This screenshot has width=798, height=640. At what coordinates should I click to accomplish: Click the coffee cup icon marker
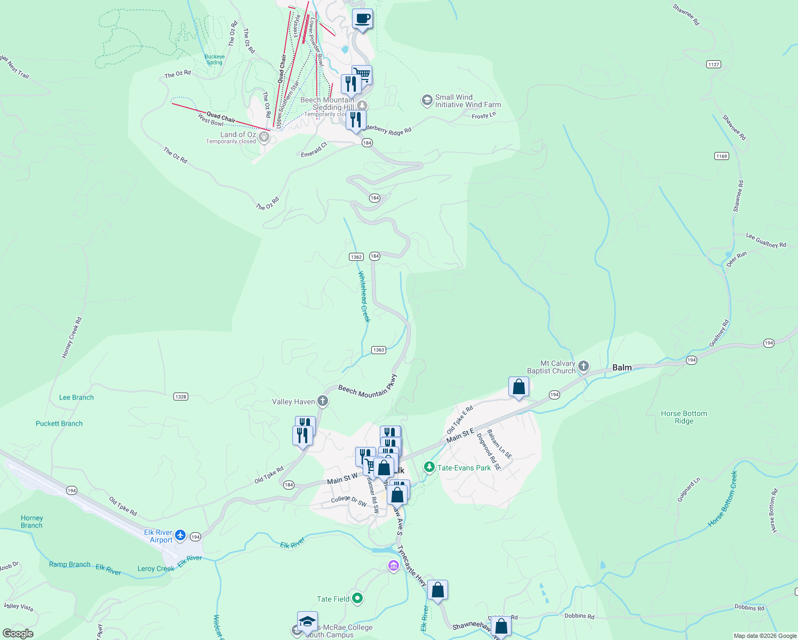(362, 19)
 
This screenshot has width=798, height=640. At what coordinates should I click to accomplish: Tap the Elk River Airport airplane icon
(180, 535)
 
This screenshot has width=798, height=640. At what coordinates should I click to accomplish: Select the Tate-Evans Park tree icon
(429, 468)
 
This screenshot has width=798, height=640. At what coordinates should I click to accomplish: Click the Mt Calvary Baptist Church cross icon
(584, 366)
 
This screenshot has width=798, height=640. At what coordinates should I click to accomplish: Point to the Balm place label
(622, 367)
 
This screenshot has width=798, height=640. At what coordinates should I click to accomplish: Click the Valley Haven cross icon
(322, 401)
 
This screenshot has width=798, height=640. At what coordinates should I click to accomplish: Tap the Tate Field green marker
(357, 599)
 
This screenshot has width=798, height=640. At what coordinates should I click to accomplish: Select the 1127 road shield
(713, 64)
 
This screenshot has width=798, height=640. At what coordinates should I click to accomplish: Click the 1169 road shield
(721, 156)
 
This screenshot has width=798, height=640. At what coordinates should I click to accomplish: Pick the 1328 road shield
(181, 397)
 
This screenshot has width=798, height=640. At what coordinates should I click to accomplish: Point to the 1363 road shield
(378, 350)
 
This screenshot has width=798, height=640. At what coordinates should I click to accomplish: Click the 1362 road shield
(356, 257)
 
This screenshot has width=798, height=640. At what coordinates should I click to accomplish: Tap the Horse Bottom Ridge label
(684, 417)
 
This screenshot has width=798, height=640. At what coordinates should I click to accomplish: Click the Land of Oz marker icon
(264, 137)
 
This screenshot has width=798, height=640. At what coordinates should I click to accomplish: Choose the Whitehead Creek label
(364, 297)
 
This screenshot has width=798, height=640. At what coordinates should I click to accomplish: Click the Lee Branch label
(76, 397)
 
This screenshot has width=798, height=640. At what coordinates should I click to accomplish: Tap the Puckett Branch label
(59, 423)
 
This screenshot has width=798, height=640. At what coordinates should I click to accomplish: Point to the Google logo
(18, 634)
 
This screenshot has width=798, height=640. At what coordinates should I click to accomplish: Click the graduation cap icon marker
(307, 621)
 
